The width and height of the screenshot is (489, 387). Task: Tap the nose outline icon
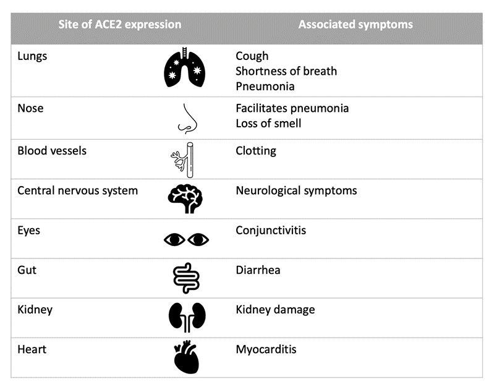186,117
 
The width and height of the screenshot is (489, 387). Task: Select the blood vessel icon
184,159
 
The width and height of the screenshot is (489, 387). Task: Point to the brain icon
185,198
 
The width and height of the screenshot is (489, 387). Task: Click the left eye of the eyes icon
174,239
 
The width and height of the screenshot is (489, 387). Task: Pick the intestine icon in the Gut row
185,278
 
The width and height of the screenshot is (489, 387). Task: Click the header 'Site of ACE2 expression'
120,25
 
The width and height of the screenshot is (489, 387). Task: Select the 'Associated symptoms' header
355,25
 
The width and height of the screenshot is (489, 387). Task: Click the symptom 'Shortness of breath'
286,71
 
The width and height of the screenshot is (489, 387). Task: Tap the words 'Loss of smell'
268,123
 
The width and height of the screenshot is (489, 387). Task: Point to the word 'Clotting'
256,151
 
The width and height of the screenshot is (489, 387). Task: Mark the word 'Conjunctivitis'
271,231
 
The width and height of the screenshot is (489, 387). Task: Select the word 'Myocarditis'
266,350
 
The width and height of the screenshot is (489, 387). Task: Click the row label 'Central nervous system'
77,190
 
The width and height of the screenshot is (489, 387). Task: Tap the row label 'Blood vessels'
52,151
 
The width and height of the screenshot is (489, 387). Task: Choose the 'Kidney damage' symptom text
275,310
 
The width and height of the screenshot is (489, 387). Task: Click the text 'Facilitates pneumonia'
292,108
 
